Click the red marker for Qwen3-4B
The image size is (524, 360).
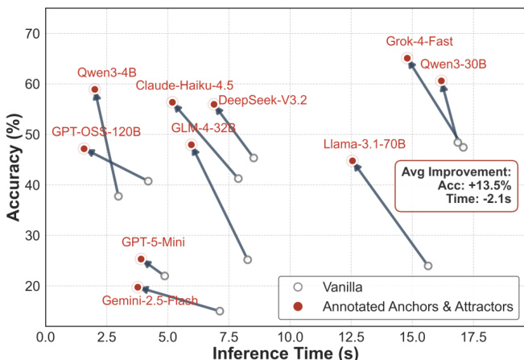[x=95, y=89]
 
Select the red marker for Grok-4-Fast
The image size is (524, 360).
[x=407, y=58]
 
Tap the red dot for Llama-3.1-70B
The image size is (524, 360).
[x=353, y=161]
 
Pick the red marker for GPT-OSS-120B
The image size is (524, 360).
[x=85, y=149]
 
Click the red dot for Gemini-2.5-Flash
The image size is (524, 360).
[x=138, y=287]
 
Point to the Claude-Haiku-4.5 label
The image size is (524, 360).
[x=184, y=85]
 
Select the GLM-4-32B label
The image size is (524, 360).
[x=204, y=128]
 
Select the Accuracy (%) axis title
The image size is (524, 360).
[x=14, y=171]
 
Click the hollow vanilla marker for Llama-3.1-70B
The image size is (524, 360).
[x=428, y=266]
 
